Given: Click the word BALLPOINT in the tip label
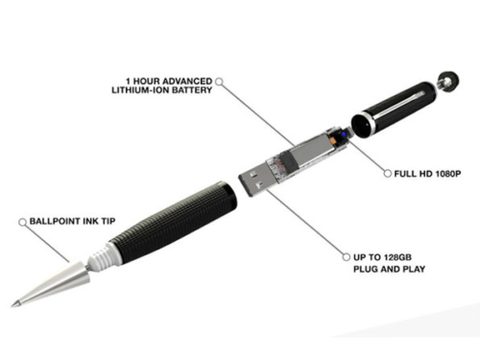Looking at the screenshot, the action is (55, 221).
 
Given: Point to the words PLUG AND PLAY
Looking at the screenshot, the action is (389, 269).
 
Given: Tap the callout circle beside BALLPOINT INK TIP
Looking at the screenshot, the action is (22, 222).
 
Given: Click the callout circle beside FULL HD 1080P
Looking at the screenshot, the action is (388, 174).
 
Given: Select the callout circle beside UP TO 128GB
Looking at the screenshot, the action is (347, 257).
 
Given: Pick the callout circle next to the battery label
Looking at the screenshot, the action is (219, 82).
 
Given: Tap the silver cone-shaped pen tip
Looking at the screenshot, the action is (51, 283).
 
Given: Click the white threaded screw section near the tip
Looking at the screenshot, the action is (100, 255).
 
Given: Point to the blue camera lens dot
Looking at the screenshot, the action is (344, 134).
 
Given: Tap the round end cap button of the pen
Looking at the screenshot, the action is (447, 82).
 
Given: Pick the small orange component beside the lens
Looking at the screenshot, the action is (333, 140).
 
